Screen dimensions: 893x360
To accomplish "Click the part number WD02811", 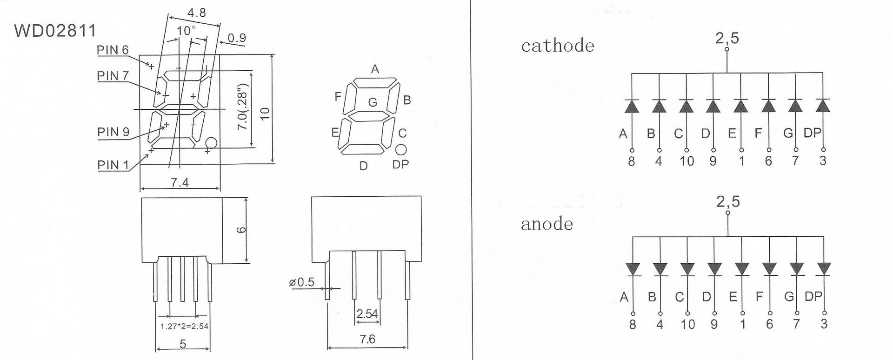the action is point(55,31).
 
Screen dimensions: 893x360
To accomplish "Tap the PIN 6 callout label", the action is point(113,50).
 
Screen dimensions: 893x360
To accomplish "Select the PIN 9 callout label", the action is point(113,132).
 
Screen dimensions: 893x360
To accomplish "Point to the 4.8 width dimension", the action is point(197,13).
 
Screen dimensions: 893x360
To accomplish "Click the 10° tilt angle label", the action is point(187,31).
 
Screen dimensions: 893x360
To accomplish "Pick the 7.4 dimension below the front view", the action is point(180,182).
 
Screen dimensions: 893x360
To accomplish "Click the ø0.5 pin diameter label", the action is point(302,282).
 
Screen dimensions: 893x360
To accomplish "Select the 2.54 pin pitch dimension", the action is point(367,314).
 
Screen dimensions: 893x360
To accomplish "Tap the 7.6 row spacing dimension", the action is point(367,339).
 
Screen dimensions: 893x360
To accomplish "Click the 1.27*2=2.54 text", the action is point(184,326).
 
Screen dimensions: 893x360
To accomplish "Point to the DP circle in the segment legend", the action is point(401,150).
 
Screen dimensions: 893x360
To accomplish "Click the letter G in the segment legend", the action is point(373,102).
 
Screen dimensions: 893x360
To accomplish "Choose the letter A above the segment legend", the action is point(375,69).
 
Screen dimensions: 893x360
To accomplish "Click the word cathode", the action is point(558,46).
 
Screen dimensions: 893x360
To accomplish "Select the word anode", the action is point(546,224).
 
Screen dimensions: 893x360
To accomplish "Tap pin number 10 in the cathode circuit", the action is point(686,161).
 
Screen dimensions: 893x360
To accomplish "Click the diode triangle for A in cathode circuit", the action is point(631,107).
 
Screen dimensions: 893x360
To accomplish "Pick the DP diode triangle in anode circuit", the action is point(824,269).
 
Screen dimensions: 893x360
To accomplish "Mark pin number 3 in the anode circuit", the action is point(824,324).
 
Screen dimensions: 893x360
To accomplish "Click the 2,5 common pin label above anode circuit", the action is point(728,201).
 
